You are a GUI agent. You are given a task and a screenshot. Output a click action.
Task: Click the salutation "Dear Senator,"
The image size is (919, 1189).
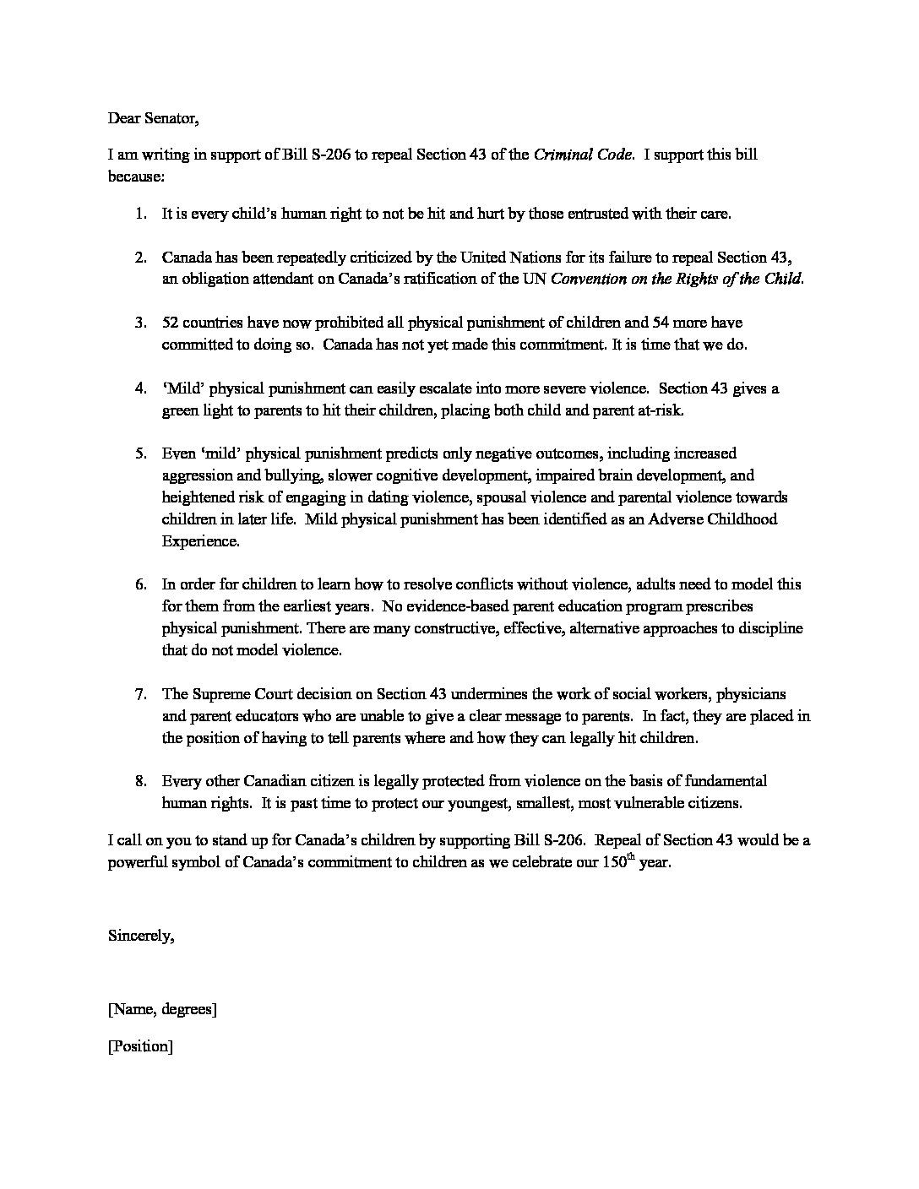[153, 118]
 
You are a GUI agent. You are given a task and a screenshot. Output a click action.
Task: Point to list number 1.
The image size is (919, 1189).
[140, 214]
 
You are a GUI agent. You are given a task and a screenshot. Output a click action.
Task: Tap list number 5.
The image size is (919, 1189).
[140, 454]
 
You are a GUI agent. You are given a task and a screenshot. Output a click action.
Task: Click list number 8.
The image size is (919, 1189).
[140, 781]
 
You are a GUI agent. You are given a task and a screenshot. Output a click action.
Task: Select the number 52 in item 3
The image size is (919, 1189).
[171, 323]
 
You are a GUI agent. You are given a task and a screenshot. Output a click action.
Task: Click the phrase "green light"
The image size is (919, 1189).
[199, 410]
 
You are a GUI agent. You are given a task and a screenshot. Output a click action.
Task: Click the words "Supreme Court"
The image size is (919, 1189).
[237, 694]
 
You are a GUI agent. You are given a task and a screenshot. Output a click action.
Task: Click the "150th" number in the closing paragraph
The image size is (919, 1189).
[617, 864]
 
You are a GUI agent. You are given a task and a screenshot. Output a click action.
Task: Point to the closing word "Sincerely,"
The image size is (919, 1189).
[141, 936]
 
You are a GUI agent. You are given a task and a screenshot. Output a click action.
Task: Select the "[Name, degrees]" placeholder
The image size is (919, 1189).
[162, 1009]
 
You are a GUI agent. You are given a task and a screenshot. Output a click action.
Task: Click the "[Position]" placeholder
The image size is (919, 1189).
[140, 1046]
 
